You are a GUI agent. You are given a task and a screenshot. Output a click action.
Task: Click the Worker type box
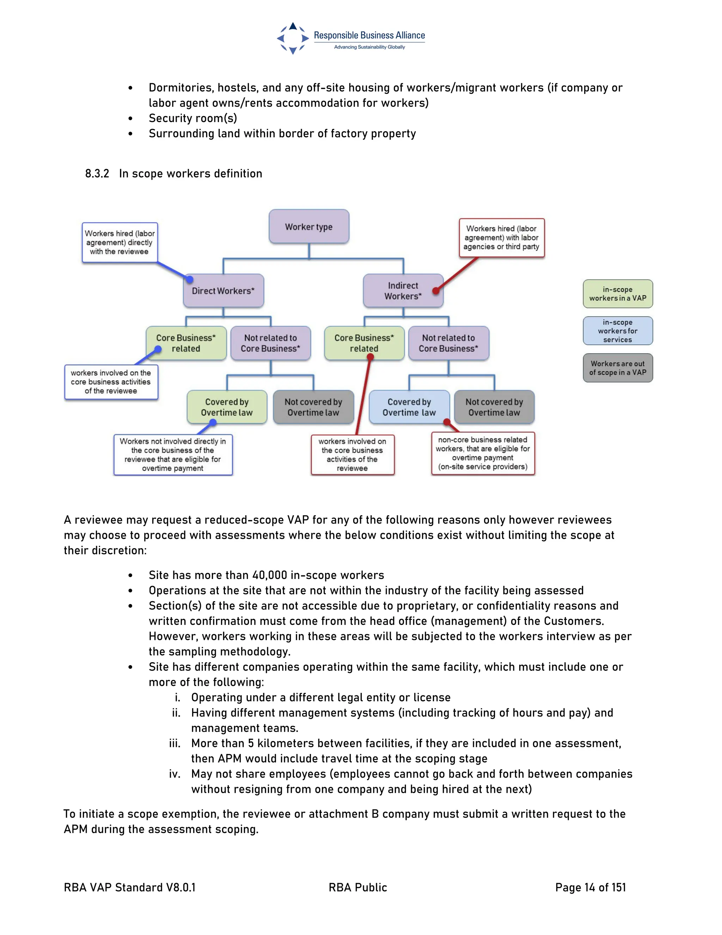point(309,227)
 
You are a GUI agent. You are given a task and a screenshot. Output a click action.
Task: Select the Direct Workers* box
point(223,291)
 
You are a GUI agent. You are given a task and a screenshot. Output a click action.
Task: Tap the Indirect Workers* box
point(403,291)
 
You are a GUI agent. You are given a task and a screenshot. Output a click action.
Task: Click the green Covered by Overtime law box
point(227,407)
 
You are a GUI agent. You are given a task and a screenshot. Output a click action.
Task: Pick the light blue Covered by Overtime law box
point(409,407)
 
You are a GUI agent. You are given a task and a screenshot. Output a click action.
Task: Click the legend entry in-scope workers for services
point(618,331)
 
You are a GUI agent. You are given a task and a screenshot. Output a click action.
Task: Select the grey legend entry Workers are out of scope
point(618,368)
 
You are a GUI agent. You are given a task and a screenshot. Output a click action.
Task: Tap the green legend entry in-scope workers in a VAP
point(618,294)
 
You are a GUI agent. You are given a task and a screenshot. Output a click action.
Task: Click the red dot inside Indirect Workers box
point(436,291)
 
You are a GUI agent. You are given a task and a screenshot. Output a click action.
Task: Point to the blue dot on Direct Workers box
point(189,279)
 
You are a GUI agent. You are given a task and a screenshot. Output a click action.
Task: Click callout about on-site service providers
point(483,453)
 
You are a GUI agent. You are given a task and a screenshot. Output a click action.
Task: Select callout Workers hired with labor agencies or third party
point(501,237)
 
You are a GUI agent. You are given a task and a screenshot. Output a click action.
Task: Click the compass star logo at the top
point(293,38)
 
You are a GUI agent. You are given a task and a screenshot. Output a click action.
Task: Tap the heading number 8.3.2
point(97,173)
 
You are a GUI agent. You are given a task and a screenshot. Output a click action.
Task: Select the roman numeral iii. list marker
point(175,743)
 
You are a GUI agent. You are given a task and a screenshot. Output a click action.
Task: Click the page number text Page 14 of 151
point(590,887)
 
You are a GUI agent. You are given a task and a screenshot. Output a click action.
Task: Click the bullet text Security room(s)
point(192,118)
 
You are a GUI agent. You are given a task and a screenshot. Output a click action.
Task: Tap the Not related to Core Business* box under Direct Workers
point(270,343)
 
